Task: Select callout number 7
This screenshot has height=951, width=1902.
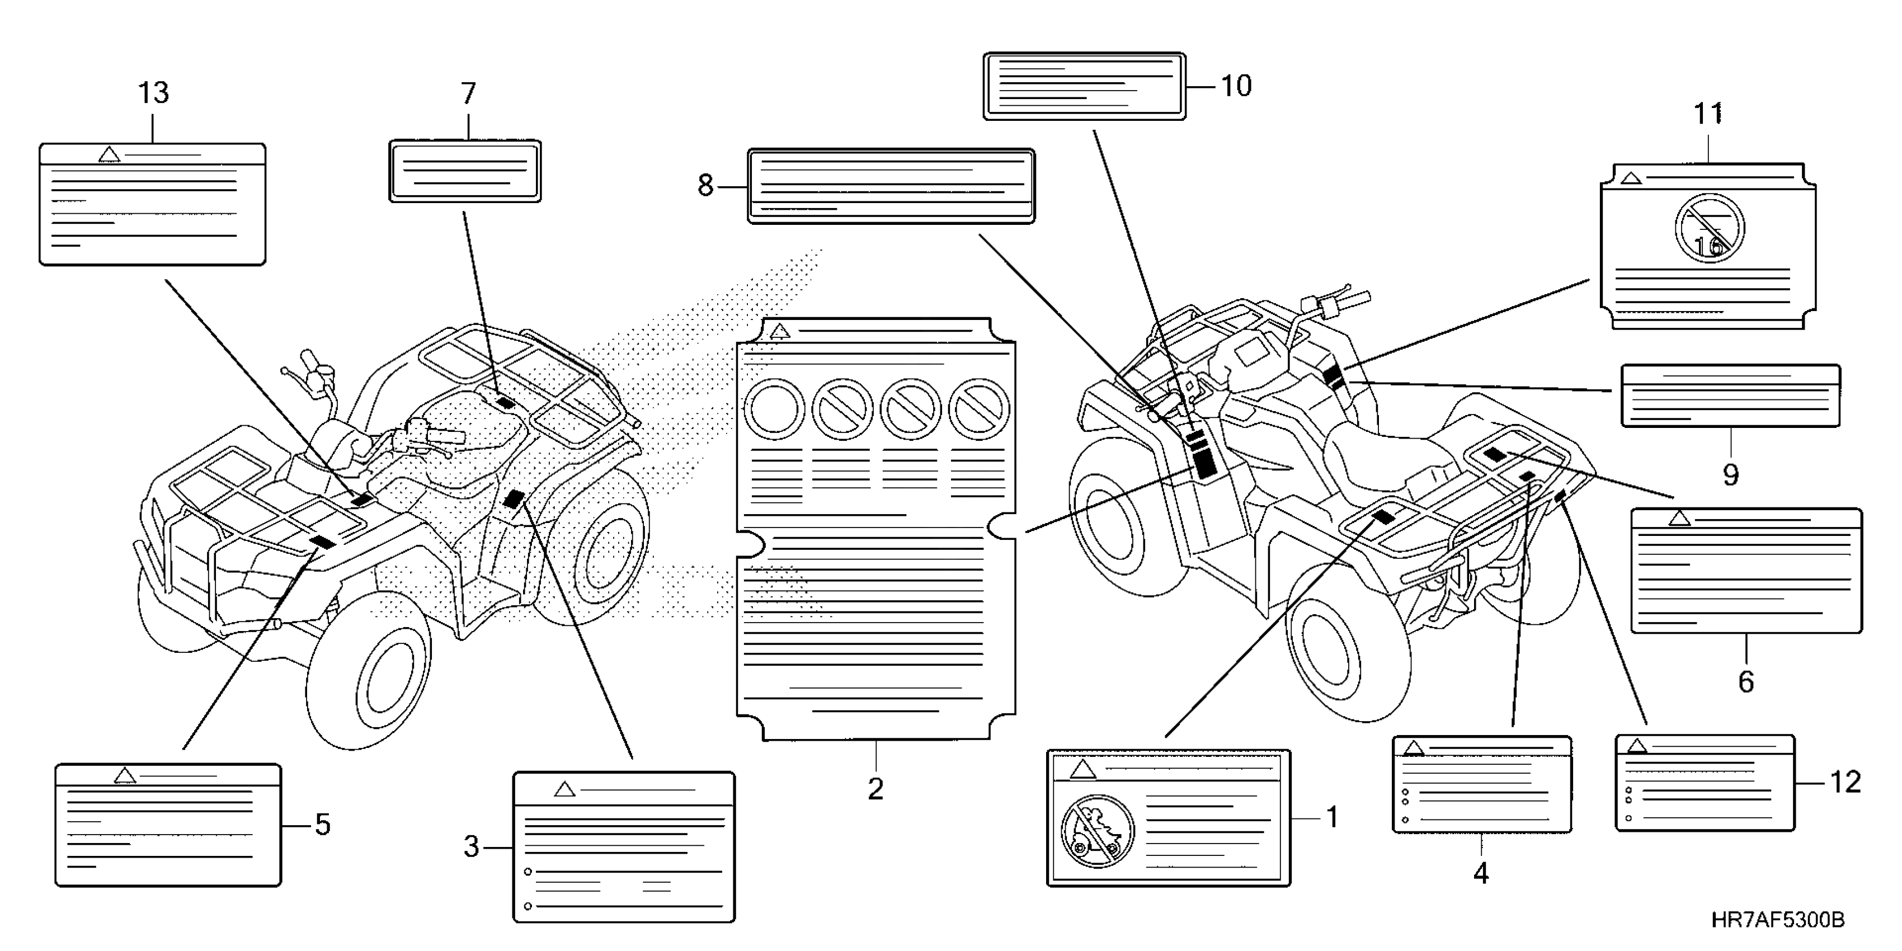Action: click(x=469, y=94)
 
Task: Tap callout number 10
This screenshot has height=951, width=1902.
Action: click(x=1235, y=86)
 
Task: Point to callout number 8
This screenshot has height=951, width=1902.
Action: click(x=705, y=185)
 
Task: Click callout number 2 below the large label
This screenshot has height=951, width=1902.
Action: click(x=875, y=789)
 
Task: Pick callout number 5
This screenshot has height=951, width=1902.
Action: click(x=323, y=825)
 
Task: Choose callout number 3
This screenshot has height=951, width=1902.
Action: click(x=471, y=847)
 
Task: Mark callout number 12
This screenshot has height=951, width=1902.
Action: click(x=1845, y=782)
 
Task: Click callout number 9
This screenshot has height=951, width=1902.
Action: click(x=1731, y=475)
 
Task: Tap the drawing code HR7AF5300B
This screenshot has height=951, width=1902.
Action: click(x=1777, y=920)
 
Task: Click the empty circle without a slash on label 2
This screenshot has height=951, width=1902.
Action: click(x=774, y=408)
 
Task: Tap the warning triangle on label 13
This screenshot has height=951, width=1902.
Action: click(x=109, y=155)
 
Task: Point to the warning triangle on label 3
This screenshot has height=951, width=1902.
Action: click(x=565, y=789)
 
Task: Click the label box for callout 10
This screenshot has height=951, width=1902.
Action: click(x=1085, y=86)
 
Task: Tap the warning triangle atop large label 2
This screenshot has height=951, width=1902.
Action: click(x=780, y=332)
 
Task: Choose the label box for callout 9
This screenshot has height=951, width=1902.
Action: click(x=1730, y=396)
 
